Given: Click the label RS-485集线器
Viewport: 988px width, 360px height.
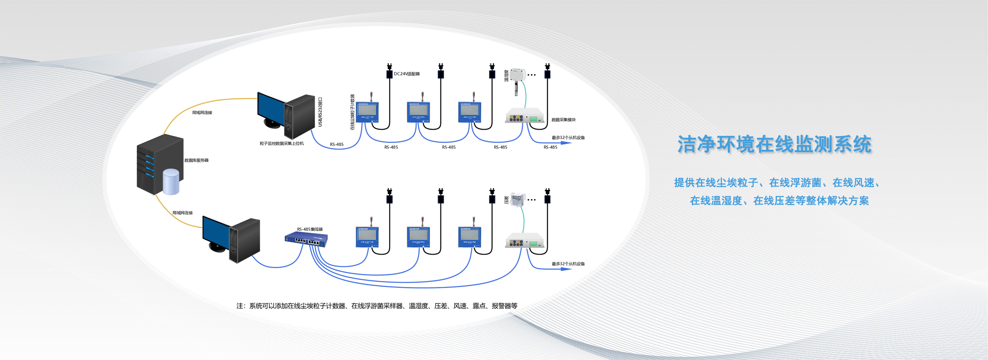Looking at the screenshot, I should coord(310,229).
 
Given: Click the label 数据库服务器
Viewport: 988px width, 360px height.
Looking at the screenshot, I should coord(196,160).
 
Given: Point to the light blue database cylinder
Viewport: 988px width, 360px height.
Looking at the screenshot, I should coord(171,182).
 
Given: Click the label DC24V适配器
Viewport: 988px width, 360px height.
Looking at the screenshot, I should coord(406,74).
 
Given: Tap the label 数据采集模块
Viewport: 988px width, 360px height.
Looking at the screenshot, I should coord(563,120).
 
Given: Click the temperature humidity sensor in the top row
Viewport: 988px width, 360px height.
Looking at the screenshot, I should coord(518,79).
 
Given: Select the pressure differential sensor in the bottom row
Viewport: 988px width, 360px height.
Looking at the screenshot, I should coord(518,200).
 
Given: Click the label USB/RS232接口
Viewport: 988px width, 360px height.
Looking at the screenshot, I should coord(320,112).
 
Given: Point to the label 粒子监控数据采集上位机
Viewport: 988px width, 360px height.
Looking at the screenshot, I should coord(281,143).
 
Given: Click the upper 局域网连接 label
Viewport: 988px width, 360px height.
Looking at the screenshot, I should coord(202,113).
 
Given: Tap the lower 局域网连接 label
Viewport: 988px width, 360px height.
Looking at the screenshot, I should coord(182,213).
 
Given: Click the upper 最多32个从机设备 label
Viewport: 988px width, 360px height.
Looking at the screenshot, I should coord(568,138).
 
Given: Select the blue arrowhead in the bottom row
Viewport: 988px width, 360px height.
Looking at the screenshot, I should coord(566,269).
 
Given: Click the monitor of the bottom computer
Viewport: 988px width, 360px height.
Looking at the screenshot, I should coord(216,231).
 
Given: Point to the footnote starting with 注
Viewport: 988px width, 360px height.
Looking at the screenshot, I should coord(377,306).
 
